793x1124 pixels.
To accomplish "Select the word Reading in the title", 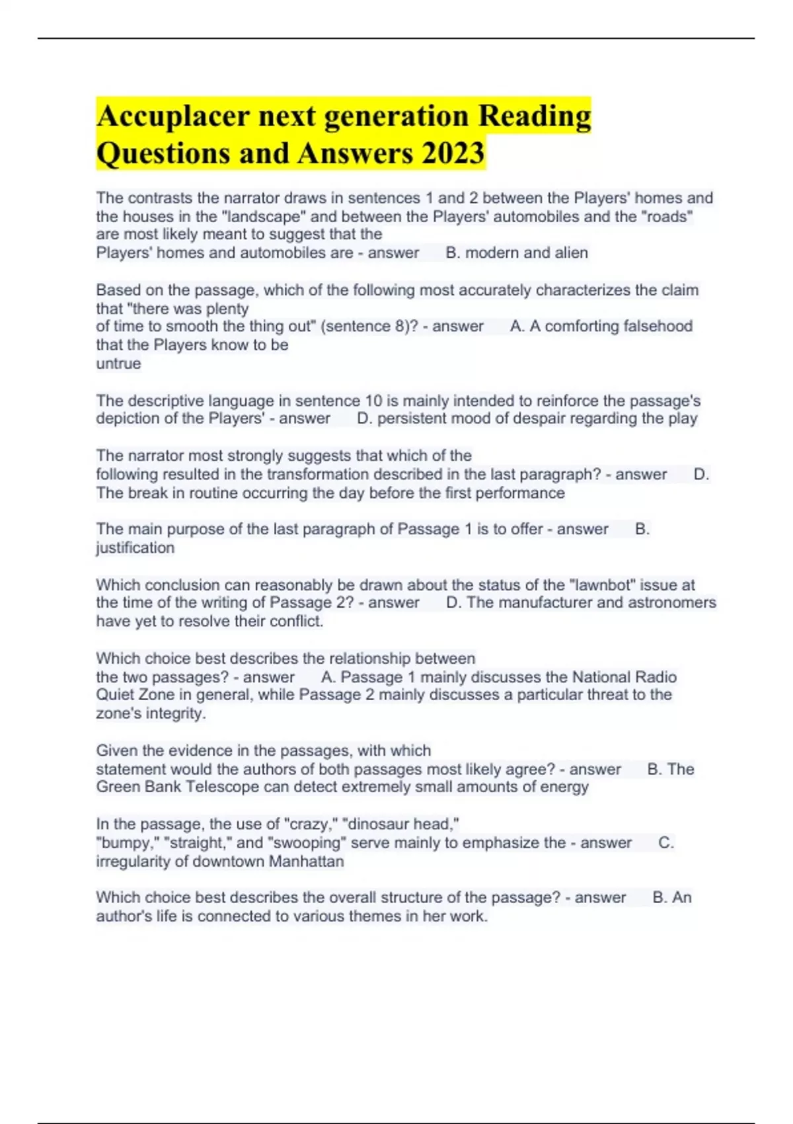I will [534, 117].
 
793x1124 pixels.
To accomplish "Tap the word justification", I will [135, 547].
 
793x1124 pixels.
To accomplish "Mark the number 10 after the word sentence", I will [374, 401].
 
